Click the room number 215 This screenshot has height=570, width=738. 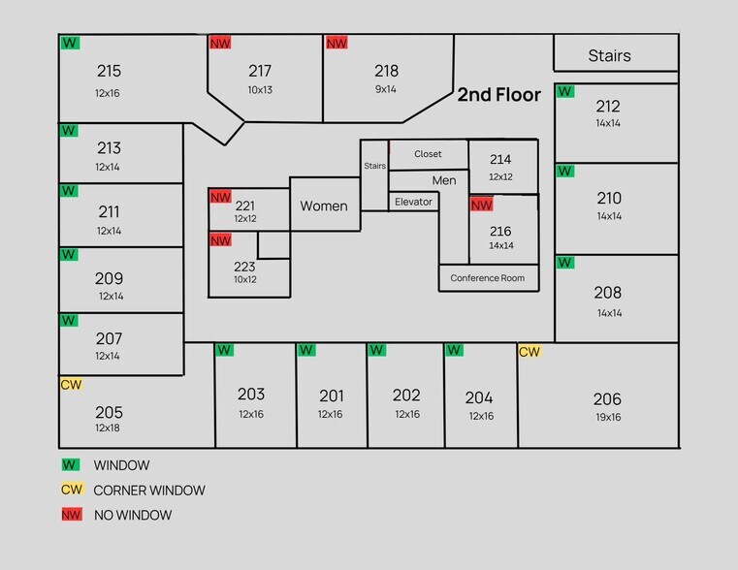tap(110, 71)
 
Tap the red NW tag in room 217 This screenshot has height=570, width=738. tap(220, 43)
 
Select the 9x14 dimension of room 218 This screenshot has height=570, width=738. tap(385, 89)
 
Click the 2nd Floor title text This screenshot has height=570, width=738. tap(498, 95)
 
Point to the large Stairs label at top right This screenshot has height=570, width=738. tap(610, 55)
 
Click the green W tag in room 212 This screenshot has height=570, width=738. tap(564, 91)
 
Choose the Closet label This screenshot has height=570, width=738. tap(428, 154)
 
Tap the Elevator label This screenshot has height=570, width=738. tap(413, 202)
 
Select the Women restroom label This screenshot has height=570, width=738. tap(324, 206)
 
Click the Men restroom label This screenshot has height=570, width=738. tap(444, 180)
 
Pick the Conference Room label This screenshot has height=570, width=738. tap(488, 278)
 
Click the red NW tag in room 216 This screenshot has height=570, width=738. tap(481, 205)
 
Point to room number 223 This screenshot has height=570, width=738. tap(244, 267)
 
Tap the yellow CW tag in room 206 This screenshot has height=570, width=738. tap(529, 351)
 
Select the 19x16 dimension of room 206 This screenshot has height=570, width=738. tap(608, 417)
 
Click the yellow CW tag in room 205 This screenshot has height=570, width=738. tap(72, 384)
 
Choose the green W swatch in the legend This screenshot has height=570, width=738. tap(71, 464)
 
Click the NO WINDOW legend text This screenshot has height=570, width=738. tap(133, 516)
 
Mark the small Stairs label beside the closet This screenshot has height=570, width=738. tap(374, 166)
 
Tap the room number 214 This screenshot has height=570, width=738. tap(500, 159)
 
